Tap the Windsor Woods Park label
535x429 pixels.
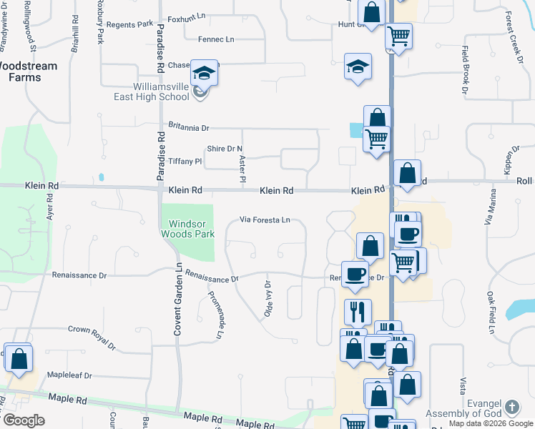click(187, 228)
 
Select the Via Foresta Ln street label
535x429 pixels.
click(265, 220)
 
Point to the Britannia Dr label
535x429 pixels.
click(188, 128)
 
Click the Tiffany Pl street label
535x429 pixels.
click(185, 162)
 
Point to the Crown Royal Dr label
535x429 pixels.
click(92, 337)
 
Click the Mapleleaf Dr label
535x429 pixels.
click(70, 374)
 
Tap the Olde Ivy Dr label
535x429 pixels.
click(269, 299)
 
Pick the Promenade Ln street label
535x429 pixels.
click(215, 315)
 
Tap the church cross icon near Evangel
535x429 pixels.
click(511, 408)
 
